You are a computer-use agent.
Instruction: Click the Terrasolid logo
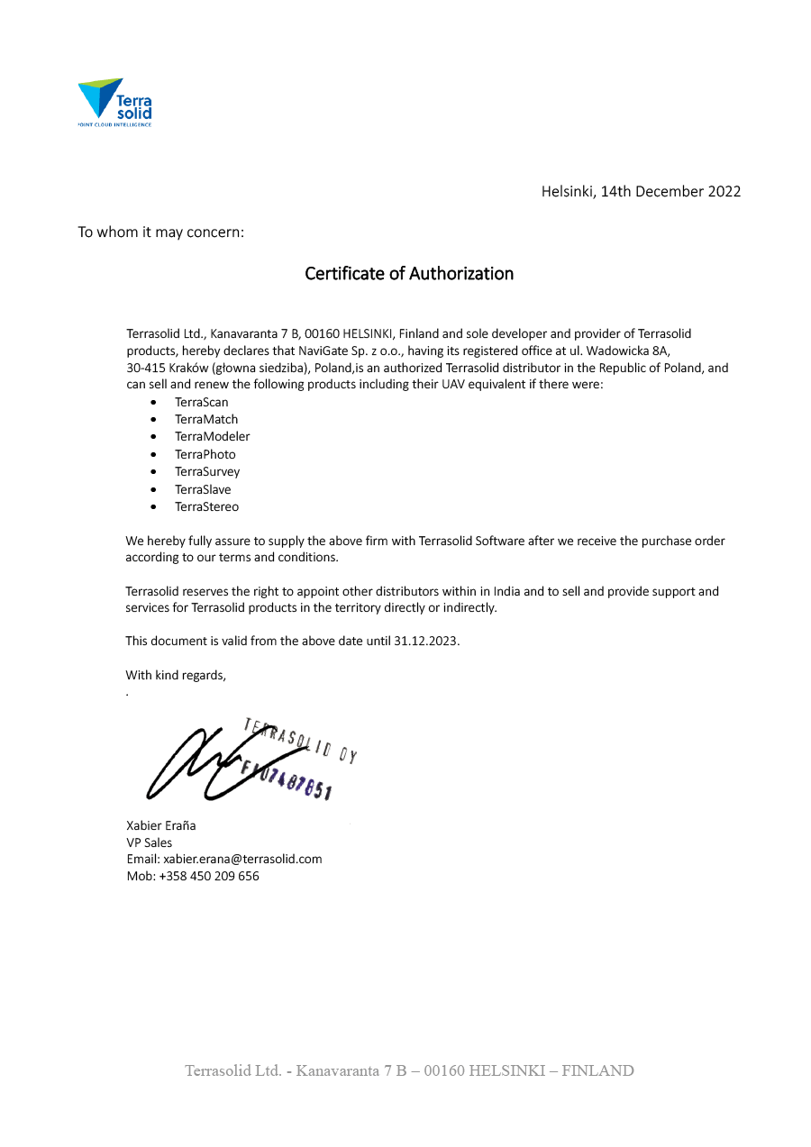[x=114, y=102]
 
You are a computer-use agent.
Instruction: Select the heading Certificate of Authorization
[x=409, y=273]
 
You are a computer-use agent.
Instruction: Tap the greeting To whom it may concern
[x=160, y=232]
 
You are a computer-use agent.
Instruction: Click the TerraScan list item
[x=202, y=402]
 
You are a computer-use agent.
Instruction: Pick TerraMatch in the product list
[x=206, y=419]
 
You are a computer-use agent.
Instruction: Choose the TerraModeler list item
[x=213, y=436]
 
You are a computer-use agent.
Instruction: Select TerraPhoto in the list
[x=205, y=454]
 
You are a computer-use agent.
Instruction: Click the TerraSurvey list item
[x=207, y=471]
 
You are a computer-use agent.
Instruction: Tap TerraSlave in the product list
[x=203, y=489]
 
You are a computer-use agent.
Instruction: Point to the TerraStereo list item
[x=207, y=506]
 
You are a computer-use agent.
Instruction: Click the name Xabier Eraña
[x=161, y=825]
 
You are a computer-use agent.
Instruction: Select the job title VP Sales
[x=150, y=842]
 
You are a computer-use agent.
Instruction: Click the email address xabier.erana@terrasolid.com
[x=242, y=859]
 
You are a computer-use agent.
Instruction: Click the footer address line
[x=409, y=1070]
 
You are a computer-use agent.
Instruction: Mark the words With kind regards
[x=176, y=675]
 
